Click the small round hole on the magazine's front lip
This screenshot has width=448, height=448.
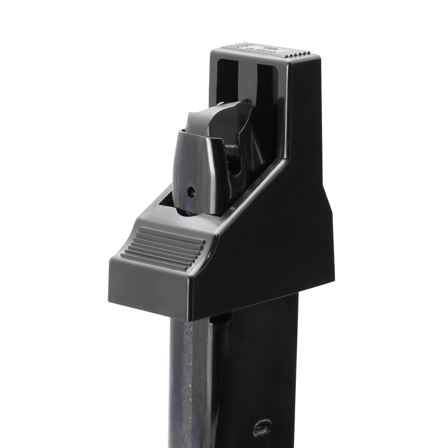coord(191,192)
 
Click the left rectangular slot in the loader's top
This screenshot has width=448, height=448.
coord(227,81)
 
